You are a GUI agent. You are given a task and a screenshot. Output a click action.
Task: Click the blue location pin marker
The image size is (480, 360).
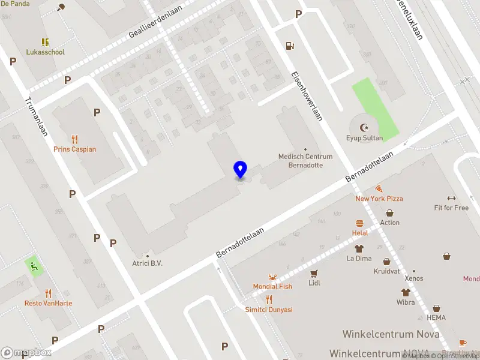[x=240, y=170]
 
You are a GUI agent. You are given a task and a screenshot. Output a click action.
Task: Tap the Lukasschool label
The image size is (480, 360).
[x=45, y=52]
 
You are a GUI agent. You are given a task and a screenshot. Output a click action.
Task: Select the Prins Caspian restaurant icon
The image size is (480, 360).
[x=74, y=139]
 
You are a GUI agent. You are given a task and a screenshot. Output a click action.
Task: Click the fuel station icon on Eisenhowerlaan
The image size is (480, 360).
[x=290, y=46]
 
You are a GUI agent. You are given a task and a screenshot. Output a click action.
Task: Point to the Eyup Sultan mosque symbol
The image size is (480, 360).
[x=364, y=127]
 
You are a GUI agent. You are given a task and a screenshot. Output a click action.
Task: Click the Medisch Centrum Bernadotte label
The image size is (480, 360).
[x=305, y=160]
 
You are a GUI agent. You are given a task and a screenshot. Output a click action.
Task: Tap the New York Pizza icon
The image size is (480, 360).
[x=379, y=188]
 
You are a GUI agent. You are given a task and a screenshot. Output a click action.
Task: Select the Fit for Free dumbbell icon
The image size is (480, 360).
[x=451, y=198]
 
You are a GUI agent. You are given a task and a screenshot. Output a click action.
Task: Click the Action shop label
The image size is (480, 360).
[x=389, y=223]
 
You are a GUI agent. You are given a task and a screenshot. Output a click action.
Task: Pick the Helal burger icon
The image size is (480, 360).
[x=360, y=223]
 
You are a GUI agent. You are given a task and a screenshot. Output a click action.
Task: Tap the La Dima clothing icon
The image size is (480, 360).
[x=359, y=248]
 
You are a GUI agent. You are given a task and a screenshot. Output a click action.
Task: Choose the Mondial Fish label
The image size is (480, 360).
[x=272, y=286]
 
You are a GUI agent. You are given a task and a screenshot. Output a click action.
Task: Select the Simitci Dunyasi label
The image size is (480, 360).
[x=269, y=310]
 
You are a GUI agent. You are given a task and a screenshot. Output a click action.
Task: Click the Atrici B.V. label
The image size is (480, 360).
[x=148, y=263]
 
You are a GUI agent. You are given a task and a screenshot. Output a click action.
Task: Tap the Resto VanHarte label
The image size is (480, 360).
[x=48, y=303]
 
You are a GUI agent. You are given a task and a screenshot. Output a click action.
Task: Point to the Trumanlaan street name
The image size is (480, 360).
[x=36, y=118]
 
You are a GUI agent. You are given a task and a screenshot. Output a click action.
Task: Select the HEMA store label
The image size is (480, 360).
[x=436, y=317]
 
